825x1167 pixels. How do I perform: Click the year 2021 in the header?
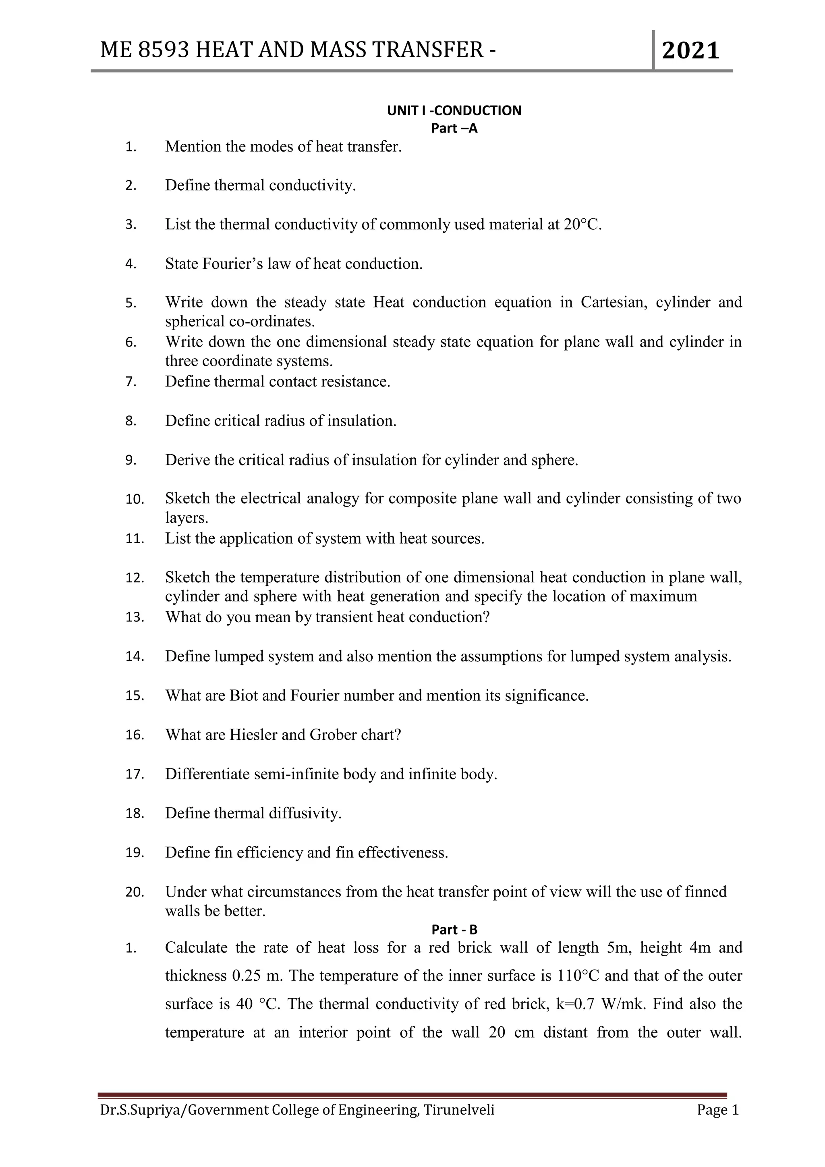[x=690, y=51]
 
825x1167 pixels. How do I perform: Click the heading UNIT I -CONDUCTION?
[x=454, y=111]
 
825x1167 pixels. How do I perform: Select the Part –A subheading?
[x=454, y=128]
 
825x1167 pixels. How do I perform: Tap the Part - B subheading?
[x=454, y=929]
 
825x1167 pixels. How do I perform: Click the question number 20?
[x=135, y=892]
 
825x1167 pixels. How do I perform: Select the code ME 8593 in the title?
[x=145, y=50]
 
